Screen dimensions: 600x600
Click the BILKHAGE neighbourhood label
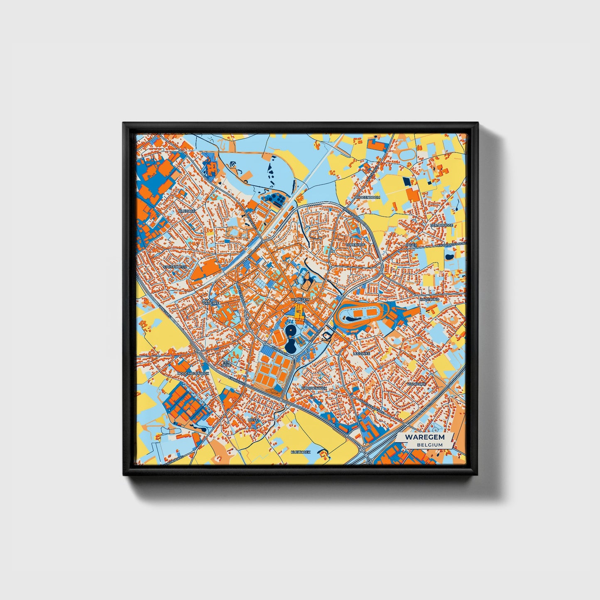tap(186, 211)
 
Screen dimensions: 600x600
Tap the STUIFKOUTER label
tap(175, 267)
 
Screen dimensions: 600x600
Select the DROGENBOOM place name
tap(367, 197)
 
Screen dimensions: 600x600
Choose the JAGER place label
tap(411, 245)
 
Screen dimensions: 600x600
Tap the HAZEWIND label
tap(429, 299)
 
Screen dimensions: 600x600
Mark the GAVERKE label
tap(211, 303)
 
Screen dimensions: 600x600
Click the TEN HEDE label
tap(226, 363)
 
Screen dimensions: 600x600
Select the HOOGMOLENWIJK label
tap(192, 373)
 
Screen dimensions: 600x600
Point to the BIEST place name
tap(252, 420)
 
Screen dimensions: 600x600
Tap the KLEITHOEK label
tap(301, 451)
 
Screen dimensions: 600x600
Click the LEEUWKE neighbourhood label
tap(361, 353)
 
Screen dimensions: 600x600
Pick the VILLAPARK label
tap(416, 384)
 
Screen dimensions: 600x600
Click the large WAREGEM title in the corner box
tap(425, 437)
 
